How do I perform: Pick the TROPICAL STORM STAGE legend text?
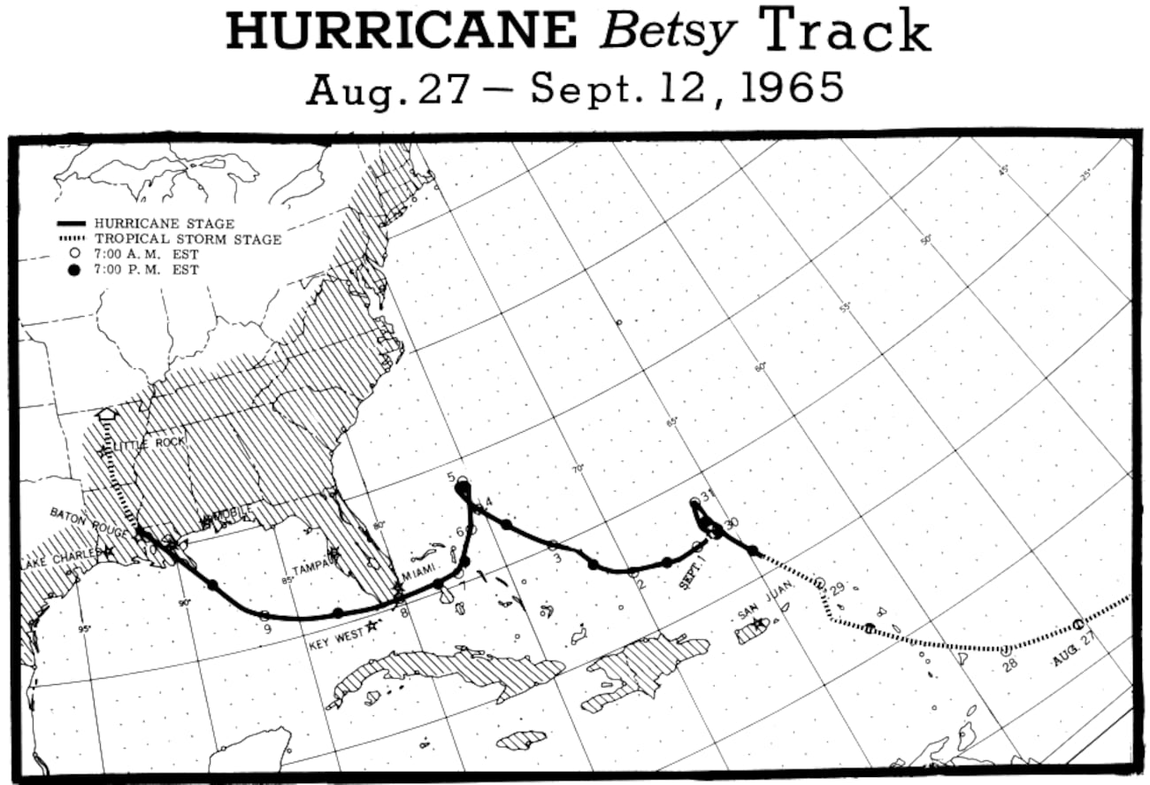coord(188,239)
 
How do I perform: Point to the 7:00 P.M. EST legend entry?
coord(146,269)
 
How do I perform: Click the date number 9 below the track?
coord(266,629)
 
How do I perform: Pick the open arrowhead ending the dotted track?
coord(107,414)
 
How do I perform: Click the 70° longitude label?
coord(577,469)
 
